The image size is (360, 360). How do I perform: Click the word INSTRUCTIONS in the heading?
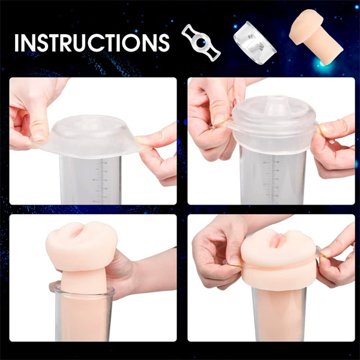click(x=92, y=43)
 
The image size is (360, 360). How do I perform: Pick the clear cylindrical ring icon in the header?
click(x=251, y=39)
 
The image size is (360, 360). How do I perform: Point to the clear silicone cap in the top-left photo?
click(x=96, y=135)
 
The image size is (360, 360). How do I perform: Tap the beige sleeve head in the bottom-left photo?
click(x=77, y=246)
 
